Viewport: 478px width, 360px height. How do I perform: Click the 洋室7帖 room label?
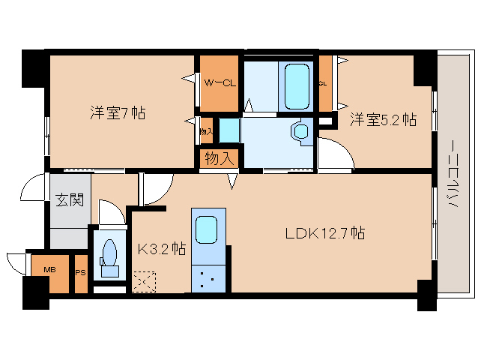[x=118, y=113]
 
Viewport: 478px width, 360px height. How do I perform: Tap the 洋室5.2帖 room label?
[x=383, y=119]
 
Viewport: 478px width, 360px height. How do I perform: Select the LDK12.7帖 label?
[x=324, y=233]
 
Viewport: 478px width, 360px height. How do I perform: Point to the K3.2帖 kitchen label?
[x=161, y=247]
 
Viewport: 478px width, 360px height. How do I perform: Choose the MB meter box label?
[x=49, y=270]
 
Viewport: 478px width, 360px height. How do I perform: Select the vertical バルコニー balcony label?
[x=452, y=177]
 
